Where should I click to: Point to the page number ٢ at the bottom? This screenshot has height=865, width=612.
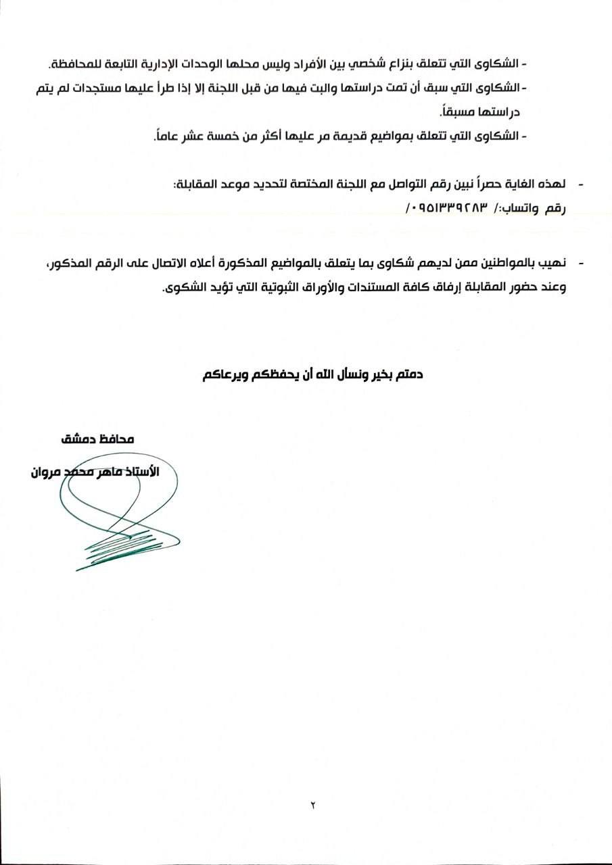pos(313,806)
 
